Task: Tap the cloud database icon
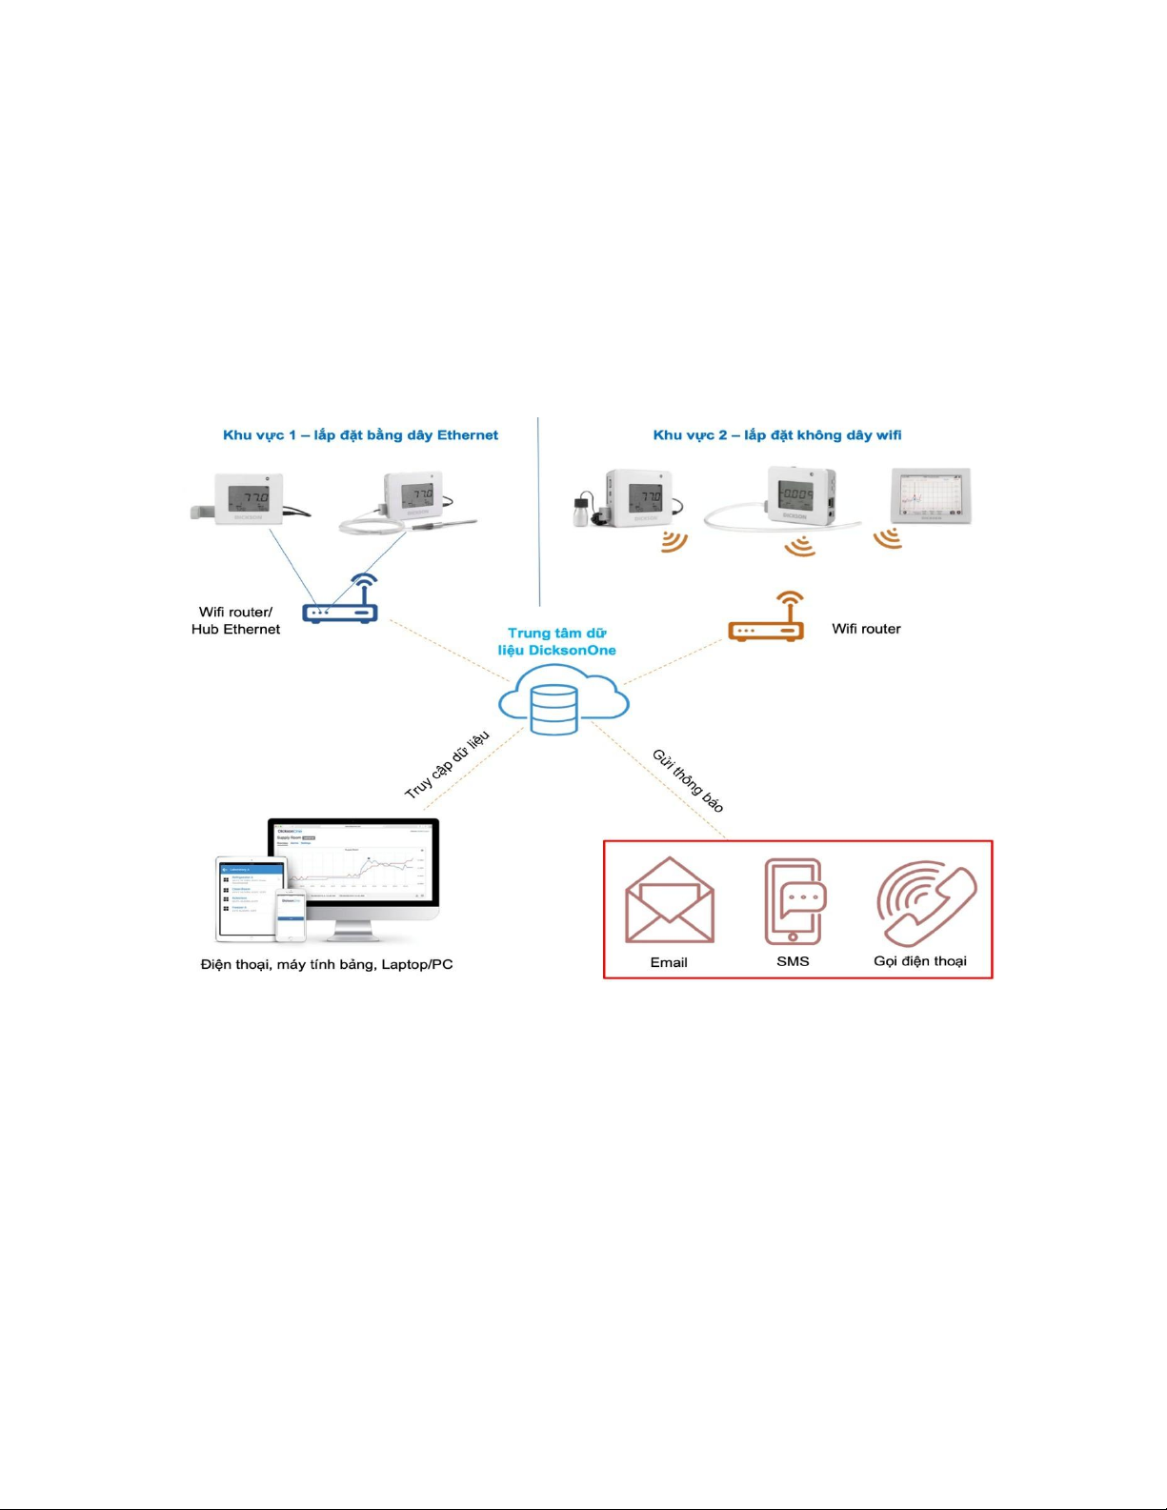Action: point(562,702)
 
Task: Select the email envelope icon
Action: point(669,901)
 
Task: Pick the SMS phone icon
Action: point(795,900)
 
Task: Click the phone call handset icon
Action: point(925,901)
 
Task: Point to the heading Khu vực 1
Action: point(360,435)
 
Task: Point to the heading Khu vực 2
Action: point(776,435)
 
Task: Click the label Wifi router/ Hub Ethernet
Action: point(235,620)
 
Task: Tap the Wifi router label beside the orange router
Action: point(866,629)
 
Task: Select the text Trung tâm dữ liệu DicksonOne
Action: point(557,641)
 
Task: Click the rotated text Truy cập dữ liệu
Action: point(447,765)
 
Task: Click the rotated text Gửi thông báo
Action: point(688,780)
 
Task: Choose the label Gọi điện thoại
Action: point(919,960)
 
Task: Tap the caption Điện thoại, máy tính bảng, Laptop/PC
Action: point(327,964)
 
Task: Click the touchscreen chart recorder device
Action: point(930,495)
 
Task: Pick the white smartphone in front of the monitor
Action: point(291,915)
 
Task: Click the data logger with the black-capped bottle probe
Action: point(629,498)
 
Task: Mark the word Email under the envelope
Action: point(669,962)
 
